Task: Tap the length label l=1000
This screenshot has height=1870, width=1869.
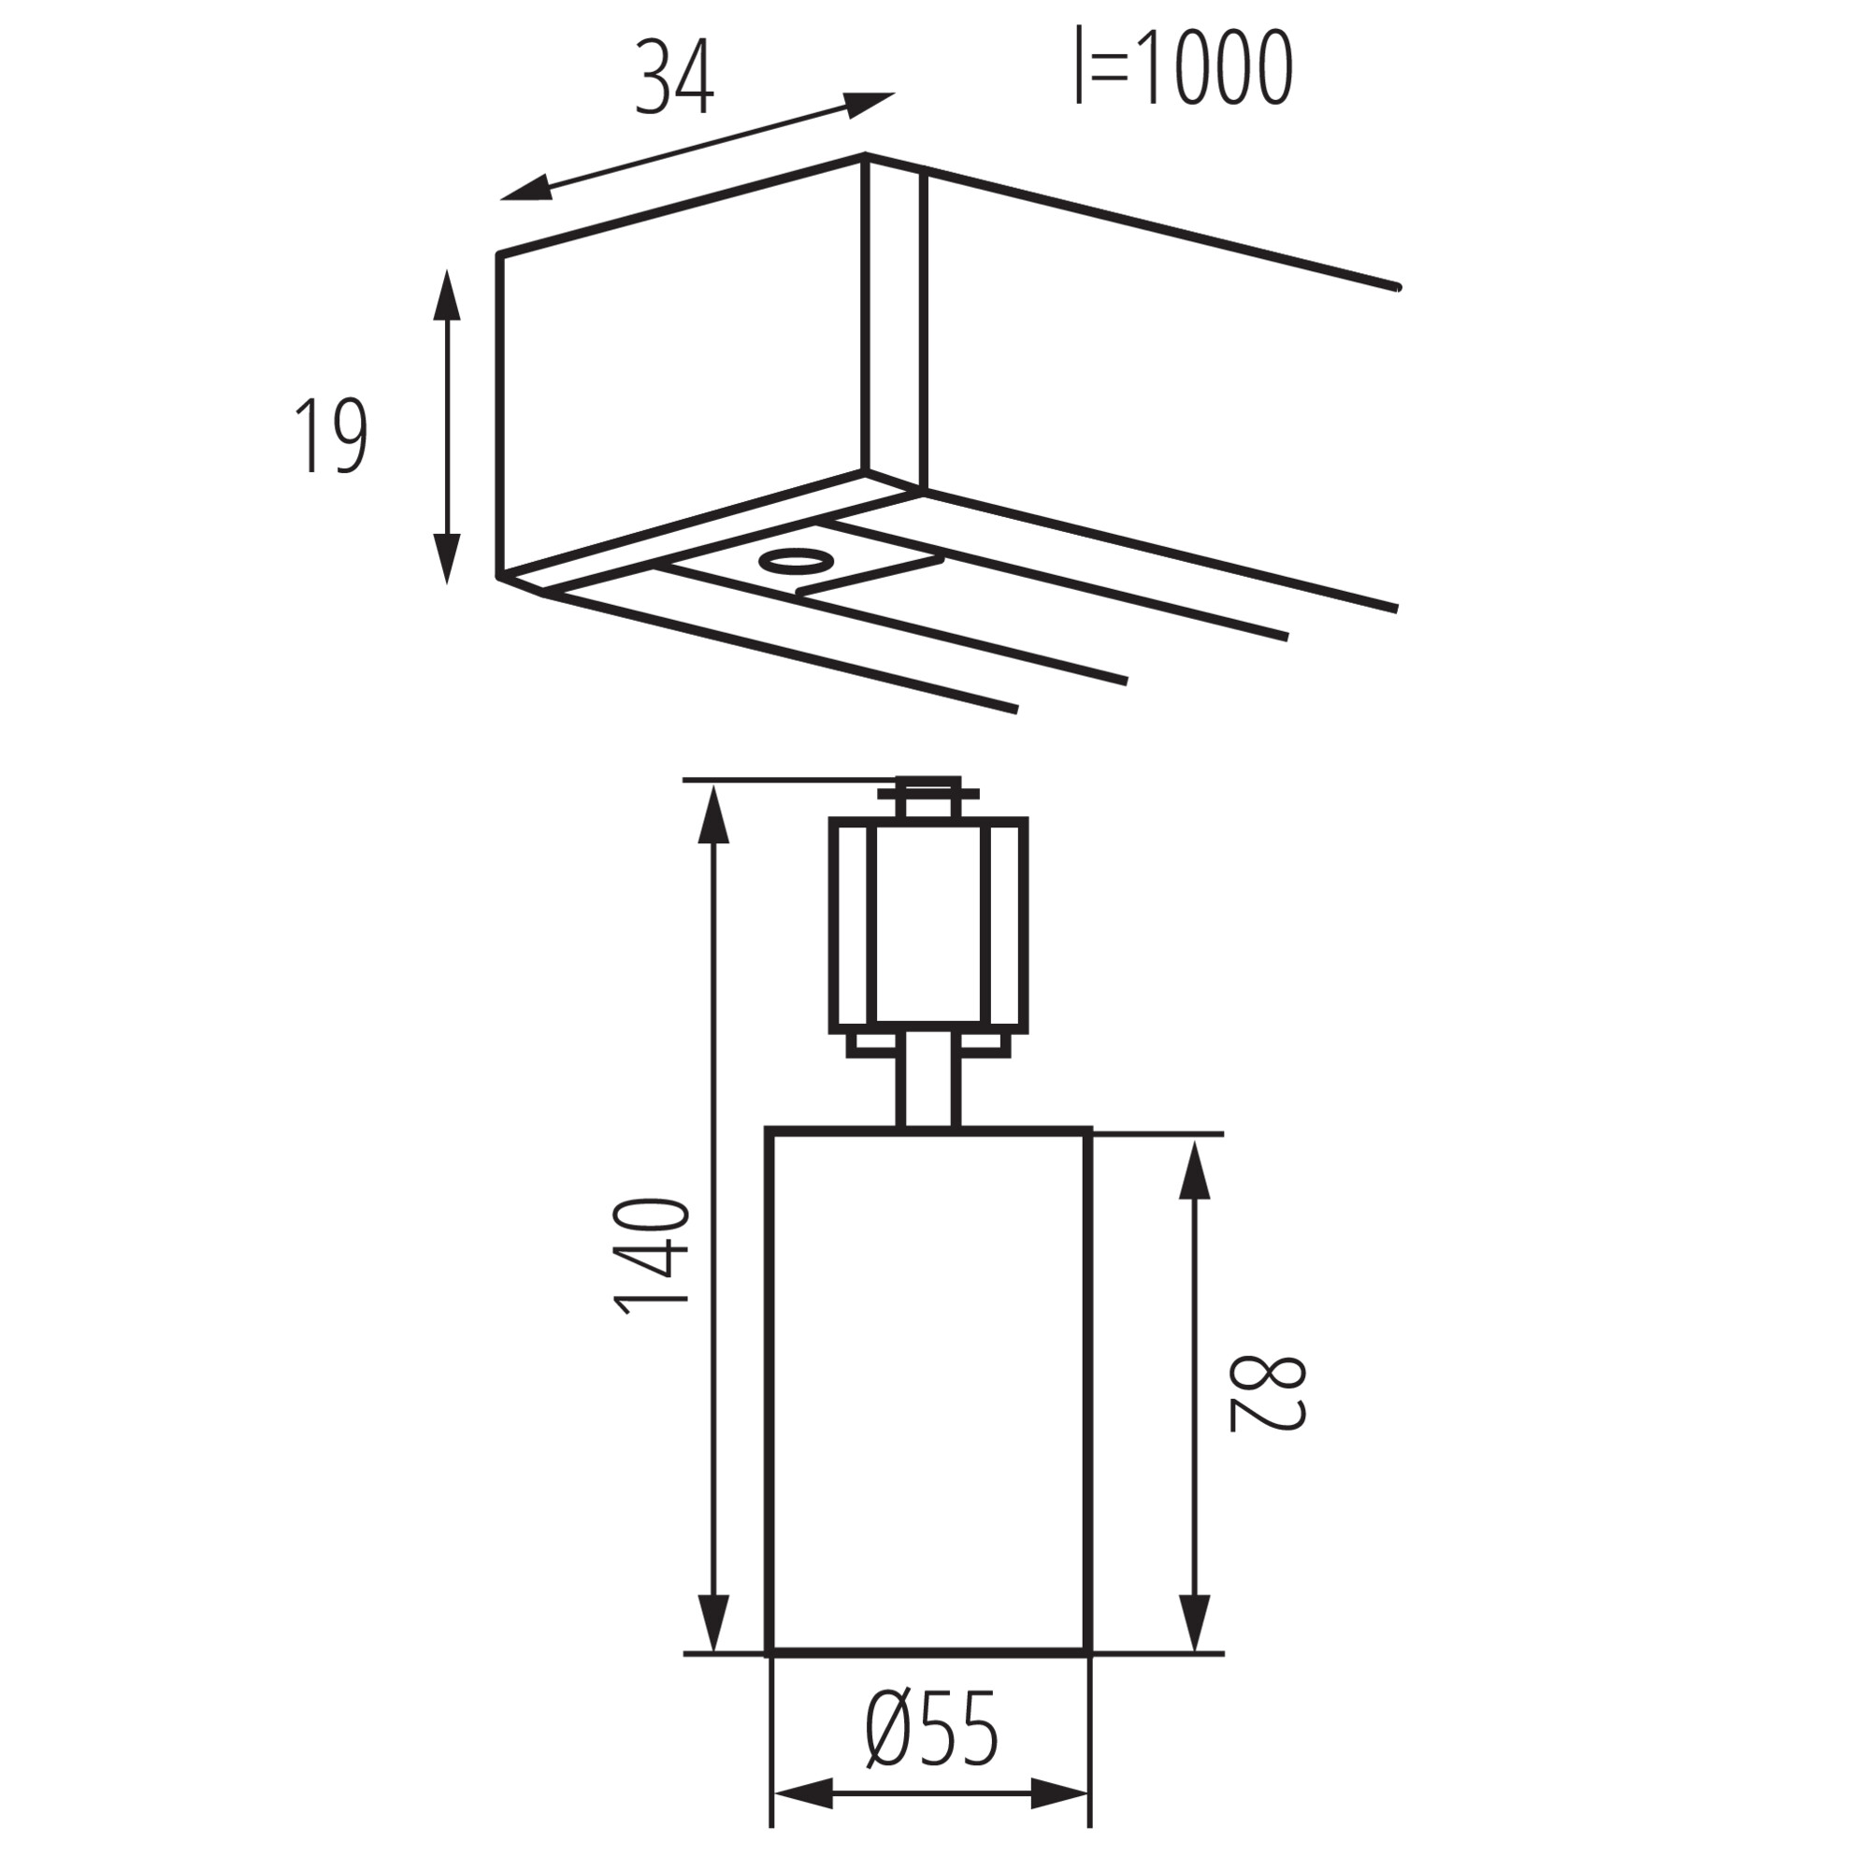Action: [1184, 67]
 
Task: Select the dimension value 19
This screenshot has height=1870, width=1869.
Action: [331, 436]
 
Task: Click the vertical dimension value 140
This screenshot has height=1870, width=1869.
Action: [652, 1257]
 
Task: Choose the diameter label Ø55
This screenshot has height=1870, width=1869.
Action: [931, 1729]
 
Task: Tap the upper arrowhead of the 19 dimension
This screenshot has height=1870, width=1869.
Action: [446, 295]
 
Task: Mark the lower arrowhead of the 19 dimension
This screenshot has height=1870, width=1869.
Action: [446, 557]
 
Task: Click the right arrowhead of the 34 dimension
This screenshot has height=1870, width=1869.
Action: [870, 104]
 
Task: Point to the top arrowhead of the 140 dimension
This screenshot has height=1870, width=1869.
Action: [713, 816]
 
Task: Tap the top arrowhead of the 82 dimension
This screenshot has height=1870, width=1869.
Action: [1198, 1172]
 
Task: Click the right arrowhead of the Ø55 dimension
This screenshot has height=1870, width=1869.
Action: [1061, 1820]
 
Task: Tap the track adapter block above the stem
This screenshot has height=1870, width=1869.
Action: [928, 924]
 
